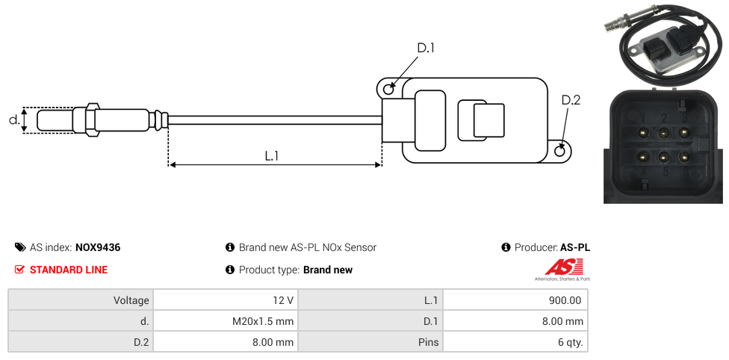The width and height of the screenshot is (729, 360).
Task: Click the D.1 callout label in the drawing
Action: coord(425,49)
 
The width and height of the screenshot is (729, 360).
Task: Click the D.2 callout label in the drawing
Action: coord(571,101)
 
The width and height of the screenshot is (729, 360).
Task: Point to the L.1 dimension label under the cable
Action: coord(272,156)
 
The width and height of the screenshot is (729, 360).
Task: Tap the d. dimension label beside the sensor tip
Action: coord(13,120)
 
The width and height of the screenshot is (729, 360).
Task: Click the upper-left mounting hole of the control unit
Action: coord(388,90)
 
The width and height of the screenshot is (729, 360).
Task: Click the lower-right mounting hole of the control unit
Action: coord(561,152)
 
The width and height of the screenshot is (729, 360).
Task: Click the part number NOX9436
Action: coord(98,247)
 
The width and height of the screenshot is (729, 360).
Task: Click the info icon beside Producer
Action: coord(506,247)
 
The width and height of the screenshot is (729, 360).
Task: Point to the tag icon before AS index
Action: coord(19,247)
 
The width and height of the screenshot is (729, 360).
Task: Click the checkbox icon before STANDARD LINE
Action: coord(19,270)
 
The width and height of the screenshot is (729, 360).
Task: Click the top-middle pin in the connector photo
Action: coord(663,133)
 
